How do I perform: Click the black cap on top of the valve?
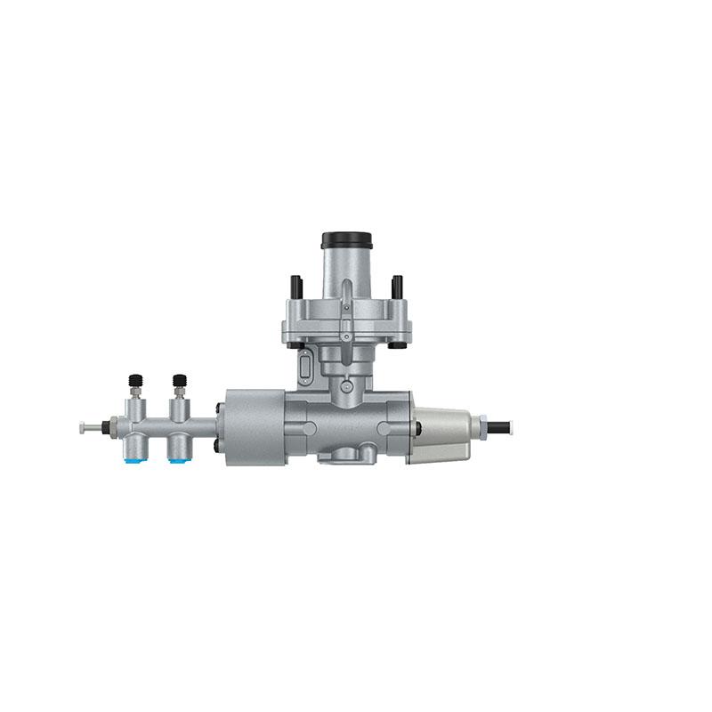pyautogui.click(x=346, y=240)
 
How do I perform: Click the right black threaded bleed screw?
pyautogui.click(x=179, y=384)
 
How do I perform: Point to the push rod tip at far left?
pyautogui.click(x=84, y=427)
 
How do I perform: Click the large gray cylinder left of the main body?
pyautogui.click(x=253, y=426)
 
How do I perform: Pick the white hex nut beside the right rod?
pyautogui.click(x=481, y=426)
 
